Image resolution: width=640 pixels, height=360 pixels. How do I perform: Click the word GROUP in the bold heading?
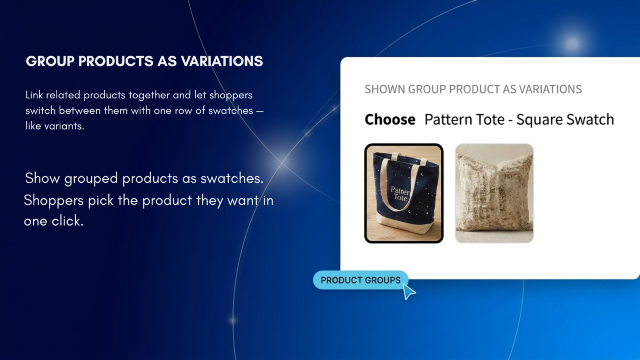pyautogui.click(x=50, y=61)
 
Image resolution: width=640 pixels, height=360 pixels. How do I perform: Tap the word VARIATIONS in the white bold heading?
pyautogui.click(x=222, y=61)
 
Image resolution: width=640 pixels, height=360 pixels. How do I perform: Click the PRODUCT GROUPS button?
pyautogui.click(x=360, y=280)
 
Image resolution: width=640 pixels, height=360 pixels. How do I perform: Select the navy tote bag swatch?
pyautogui.click(x=404, y=194)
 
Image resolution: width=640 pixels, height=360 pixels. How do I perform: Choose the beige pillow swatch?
pyautogui.click(x=494, y=194)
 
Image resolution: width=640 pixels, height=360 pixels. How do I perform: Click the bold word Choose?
pyautogui.click(x=390, y=120)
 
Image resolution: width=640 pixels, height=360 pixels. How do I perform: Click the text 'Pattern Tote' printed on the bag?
pyautogui.click(x=400, y=194)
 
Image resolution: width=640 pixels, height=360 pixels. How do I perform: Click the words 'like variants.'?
pyautogui.click(x=55, y=126)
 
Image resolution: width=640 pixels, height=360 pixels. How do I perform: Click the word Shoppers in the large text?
pyautogui.click(x=54, y=200)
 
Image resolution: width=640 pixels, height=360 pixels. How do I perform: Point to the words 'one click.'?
pyautogui.click(x=54, y=221)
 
